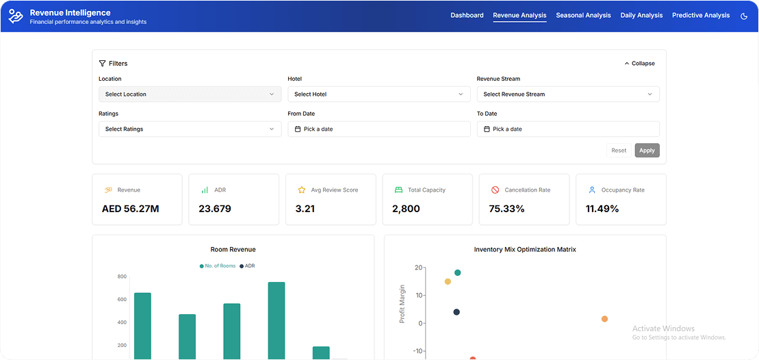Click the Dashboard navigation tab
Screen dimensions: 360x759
click(x=467, y=15)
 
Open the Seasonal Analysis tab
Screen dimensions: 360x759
click(x=583, y=15)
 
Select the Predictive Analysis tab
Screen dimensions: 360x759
click(x=700, y=15)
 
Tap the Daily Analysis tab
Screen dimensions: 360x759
click(x=641, y=15)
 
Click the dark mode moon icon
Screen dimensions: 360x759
click(x=744, y=16)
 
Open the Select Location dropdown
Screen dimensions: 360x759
click(x=190, y=94)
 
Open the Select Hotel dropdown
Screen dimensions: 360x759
click(x=378, y=94)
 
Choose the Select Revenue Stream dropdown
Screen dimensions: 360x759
click(x=567, y=94)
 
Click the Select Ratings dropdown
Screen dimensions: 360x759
click(x=190, y=129)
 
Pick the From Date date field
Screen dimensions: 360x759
click(x=378, y=129)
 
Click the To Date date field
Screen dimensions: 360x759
click(x=567, y=129)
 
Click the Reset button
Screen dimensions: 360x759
click(x=619, y=151)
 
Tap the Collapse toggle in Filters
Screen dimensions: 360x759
click(x=640, y=64)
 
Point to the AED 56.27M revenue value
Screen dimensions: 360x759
click(x=131, y=209)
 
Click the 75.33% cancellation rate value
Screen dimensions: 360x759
click(x=506, y=209)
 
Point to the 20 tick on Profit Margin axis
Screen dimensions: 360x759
click(x=418, y=268)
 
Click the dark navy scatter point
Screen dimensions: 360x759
click(x=456, y=312)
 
